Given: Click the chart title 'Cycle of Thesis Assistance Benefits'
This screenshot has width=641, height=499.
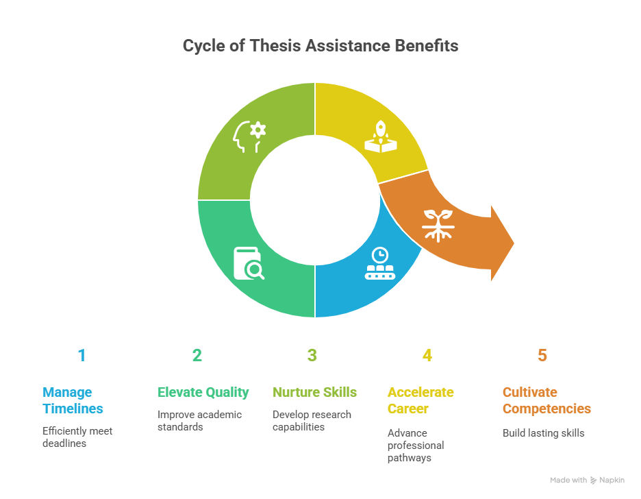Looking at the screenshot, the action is tap(320, 46).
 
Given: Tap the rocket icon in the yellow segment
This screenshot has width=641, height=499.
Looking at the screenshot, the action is tap(381, 136).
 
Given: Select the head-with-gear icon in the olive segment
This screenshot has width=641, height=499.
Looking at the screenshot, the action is tap(249, 136).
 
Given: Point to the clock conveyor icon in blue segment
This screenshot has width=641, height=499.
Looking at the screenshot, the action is tap(380, 263).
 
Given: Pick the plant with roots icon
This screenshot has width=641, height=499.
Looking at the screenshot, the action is tap(438, 226).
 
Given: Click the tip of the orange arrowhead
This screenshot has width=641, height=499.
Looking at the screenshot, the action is tap(514, 243).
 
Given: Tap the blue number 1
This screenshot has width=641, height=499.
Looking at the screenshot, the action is tap(81, 356).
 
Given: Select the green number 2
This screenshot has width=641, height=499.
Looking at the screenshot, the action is tap(197, 356).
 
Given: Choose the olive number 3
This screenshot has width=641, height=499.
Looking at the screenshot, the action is tap(312, 356).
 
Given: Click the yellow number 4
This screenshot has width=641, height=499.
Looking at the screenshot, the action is tap(427, 356).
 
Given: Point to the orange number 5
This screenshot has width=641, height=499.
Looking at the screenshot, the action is tap(542, 356).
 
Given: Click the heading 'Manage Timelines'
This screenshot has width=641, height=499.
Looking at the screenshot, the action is tap(73, 400).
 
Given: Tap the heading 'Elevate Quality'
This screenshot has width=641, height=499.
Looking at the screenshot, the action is tap(203, 392).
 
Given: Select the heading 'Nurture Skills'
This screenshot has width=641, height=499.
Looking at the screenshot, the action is tap(314, 392).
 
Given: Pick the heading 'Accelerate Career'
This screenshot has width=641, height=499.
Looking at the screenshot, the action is tap(420, 400).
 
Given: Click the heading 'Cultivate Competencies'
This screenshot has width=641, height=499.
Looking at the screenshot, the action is tap(547, 400).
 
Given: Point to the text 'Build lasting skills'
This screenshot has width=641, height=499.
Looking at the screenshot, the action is tap(543, 433).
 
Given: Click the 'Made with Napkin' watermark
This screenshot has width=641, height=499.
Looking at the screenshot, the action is tap(587, 480).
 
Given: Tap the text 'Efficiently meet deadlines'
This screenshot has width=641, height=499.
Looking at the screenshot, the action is tap(77, 437).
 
